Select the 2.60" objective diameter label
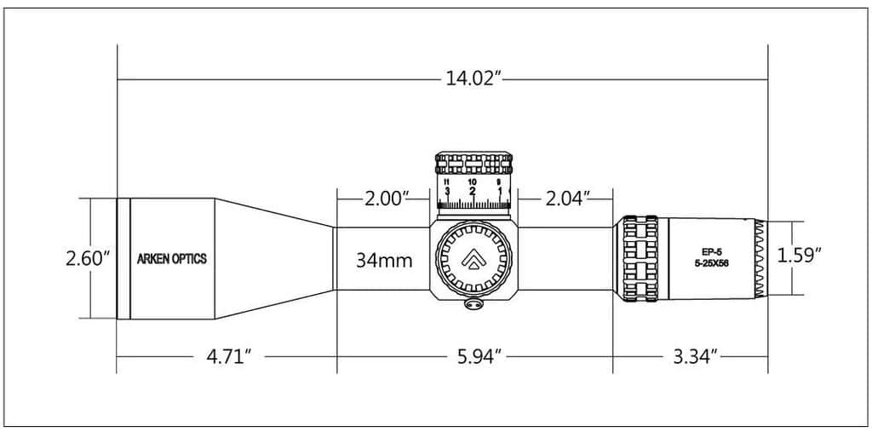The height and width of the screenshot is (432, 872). point(89,258)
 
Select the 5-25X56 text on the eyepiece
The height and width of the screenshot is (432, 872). point(710,264)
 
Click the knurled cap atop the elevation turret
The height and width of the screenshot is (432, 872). point(474,163)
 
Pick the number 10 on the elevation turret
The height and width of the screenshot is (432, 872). point(473,181)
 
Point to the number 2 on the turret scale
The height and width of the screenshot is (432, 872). point(473,192)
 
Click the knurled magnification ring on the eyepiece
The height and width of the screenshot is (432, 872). point(640,258)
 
